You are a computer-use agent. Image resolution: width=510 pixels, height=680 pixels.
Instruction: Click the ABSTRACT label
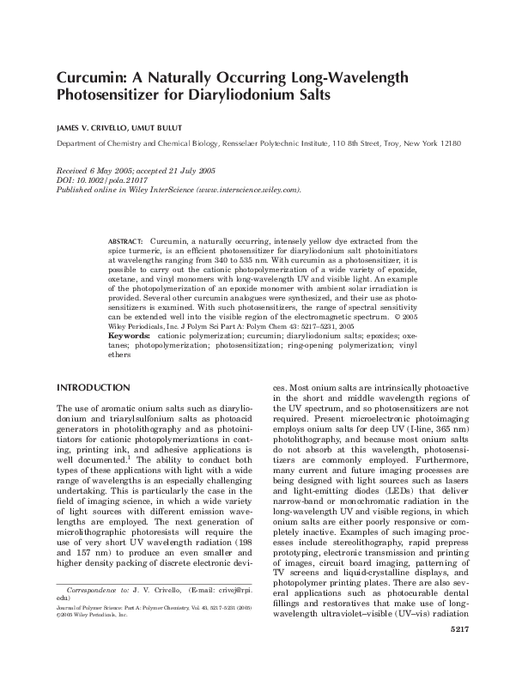(125, 243)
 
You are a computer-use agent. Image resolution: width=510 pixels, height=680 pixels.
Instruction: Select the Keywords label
(129, 336)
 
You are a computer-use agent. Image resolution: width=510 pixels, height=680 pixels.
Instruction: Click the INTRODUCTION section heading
(94, 387)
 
